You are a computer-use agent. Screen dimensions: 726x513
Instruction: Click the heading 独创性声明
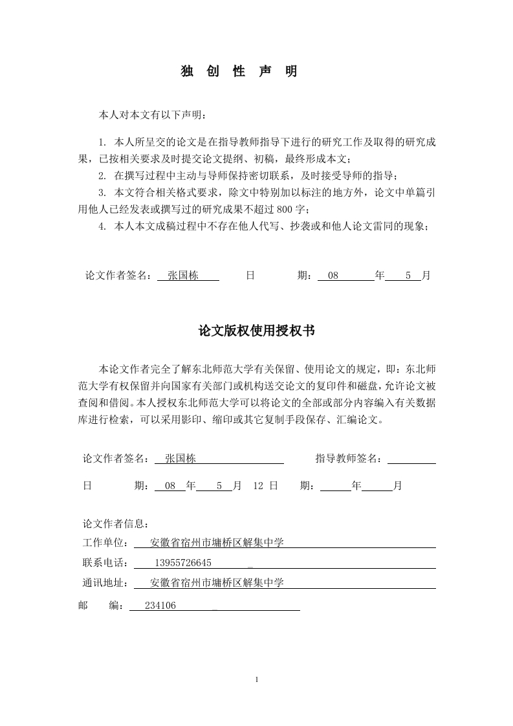click(x=239, y=72)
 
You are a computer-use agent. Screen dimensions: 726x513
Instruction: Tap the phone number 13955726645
click(x=184, y=562)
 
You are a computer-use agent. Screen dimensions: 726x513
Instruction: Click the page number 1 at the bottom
click(x=257, y=679)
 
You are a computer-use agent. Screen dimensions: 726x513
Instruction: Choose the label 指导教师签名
click(x=348, y=459)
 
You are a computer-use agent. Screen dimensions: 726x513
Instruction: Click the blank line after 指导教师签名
click(x=411, y=459)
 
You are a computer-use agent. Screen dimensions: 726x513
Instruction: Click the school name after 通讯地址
click(x=217, y=582)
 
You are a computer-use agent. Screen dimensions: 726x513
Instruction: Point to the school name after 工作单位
click(x=217, y=543)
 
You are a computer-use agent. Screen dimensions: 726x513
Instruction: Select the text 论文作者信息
click(x=116, y=523)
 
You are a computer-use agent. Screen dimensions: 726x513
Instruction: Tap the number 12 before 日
click(x=257, y=485)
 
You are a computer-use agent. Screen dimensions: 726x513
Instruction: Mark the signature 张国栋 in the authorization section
click(x=180, y=459)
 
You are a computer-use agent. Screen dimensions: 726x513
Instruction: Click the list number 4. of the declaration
click(x=102, y=226)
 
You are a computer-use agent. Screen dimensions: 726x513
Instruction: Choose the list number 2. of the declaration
click(x=102, y=175)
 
